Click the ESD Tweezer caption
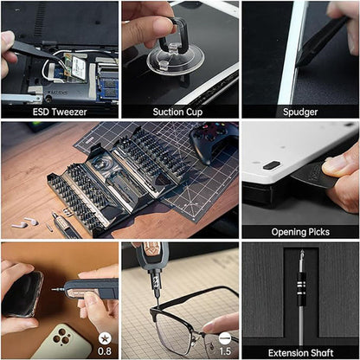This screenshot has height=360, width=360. [59, 111]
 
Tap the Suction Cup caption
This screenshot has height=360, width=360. [179, 111]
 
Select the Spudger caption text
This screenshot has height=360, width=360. [299, 111]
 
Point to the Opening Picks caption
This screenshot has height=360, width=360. [299, 231]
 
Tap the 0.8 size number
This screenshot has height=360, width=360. [104, 351]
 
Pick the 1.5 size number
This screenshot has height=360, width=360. [224, 351]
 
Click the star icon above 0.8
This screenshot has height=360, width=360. [104, 337]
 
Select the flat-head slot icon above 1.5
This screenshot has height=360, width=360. [224, 337]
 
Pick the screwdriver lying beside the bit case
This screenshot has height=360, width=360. [66, 225]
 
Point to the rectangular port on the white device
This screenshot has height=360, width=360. [271, 164]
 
